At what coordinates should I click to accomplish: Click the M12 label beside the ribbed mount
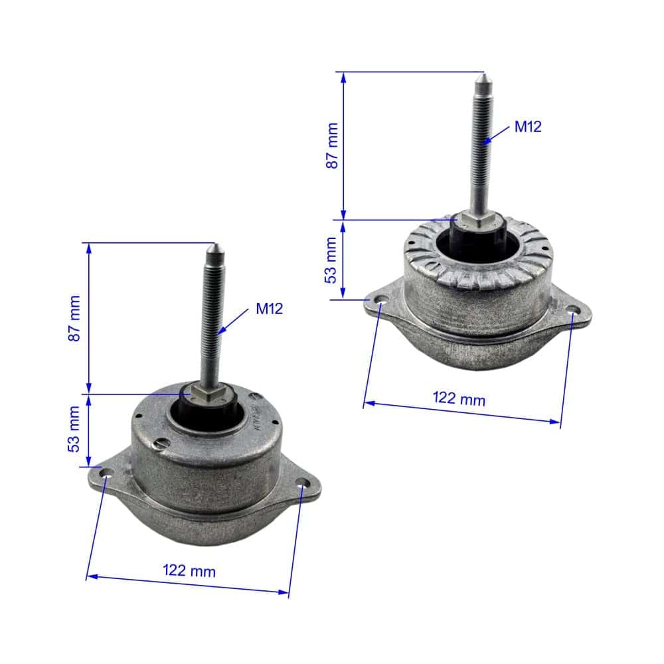tap(528, 127)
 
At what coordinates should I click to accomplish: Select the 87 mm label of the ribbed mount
tap(331, 145)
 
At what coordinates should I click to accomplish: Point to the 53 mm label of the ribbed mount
tap(331, 260)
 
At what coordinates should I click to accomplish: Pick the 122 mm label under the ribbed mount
tap(459, 398)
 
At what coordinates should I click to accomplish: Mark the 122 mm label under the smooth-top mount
tap(189, 570)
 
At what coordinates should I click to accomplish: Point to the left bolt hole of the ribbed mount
tap(380, 302)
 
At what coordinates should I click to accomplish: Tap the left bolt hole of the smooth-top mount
tap(106, 475)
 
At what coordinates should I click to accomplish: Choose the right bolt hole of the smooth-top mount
tap(302, 483)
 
